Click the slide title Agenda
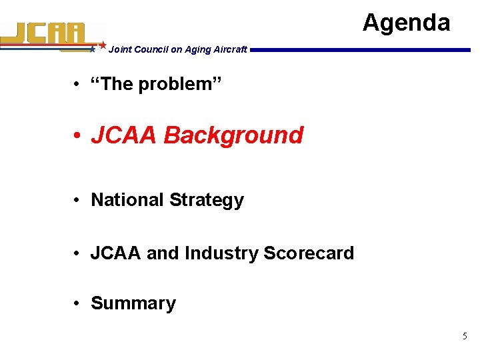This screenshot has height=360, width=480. (x=406, y=23)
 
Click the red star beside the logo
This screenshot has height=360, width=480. (x=103, y=45)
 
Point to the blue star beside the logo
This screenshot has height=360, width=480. (x=93, y=49)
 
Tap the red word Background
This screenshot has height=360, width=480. (x=233, y=135)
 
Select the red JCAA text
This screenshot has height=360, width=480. (x=124, y=135)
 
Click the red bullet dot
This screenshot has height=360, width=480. (x=78, y=135)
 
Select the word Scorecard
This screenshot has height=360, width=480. (x=309, y=253)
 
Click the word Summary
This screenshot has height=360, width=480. (x=133, y=303)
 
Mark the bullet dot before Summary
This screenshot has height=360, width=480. (x=78, y=304)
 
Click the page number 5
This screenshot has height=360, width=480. (x=465, y=337)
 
